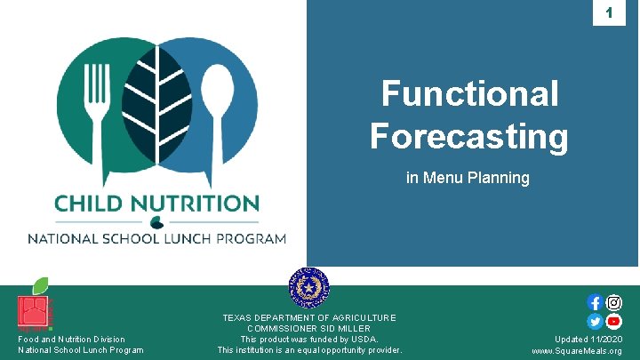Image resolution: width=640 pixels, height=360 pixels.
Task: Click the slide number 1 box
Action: pos(609,13)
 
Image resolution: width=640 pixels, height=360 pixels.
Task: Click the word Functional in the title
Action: pos(469,93)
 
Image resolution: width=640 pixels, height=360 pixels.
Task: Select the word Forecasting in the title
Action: pos(468,136)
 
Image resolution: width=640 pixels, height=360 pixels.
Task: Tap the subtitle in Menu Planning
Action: pos(468,178)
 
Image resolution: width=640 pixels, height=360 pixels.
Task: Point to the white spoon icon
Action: pos(215,99)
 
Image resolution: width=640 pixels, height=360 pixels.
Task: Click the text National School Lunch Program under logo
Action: pos(156,238)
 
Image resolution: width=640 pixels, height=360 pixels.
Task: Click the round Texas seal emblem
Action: pos(309,287)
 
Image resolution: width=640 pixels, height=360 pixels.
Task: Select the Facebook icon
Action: pos(595,303)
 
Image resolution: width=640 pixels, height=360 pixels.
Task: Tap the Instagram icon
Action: pos(613,303)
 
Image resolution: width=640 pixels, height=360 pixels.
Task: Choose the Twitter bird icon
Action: pos(595,321)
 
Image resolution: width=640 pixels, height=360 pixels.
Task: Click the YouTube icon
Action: pos(613,321)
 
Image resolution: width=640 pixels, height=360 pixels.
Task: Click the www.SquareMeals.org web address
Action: pos(576,351)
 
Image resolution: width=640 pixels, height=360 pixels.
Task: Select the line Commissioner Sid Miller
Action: pos(309,328)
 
